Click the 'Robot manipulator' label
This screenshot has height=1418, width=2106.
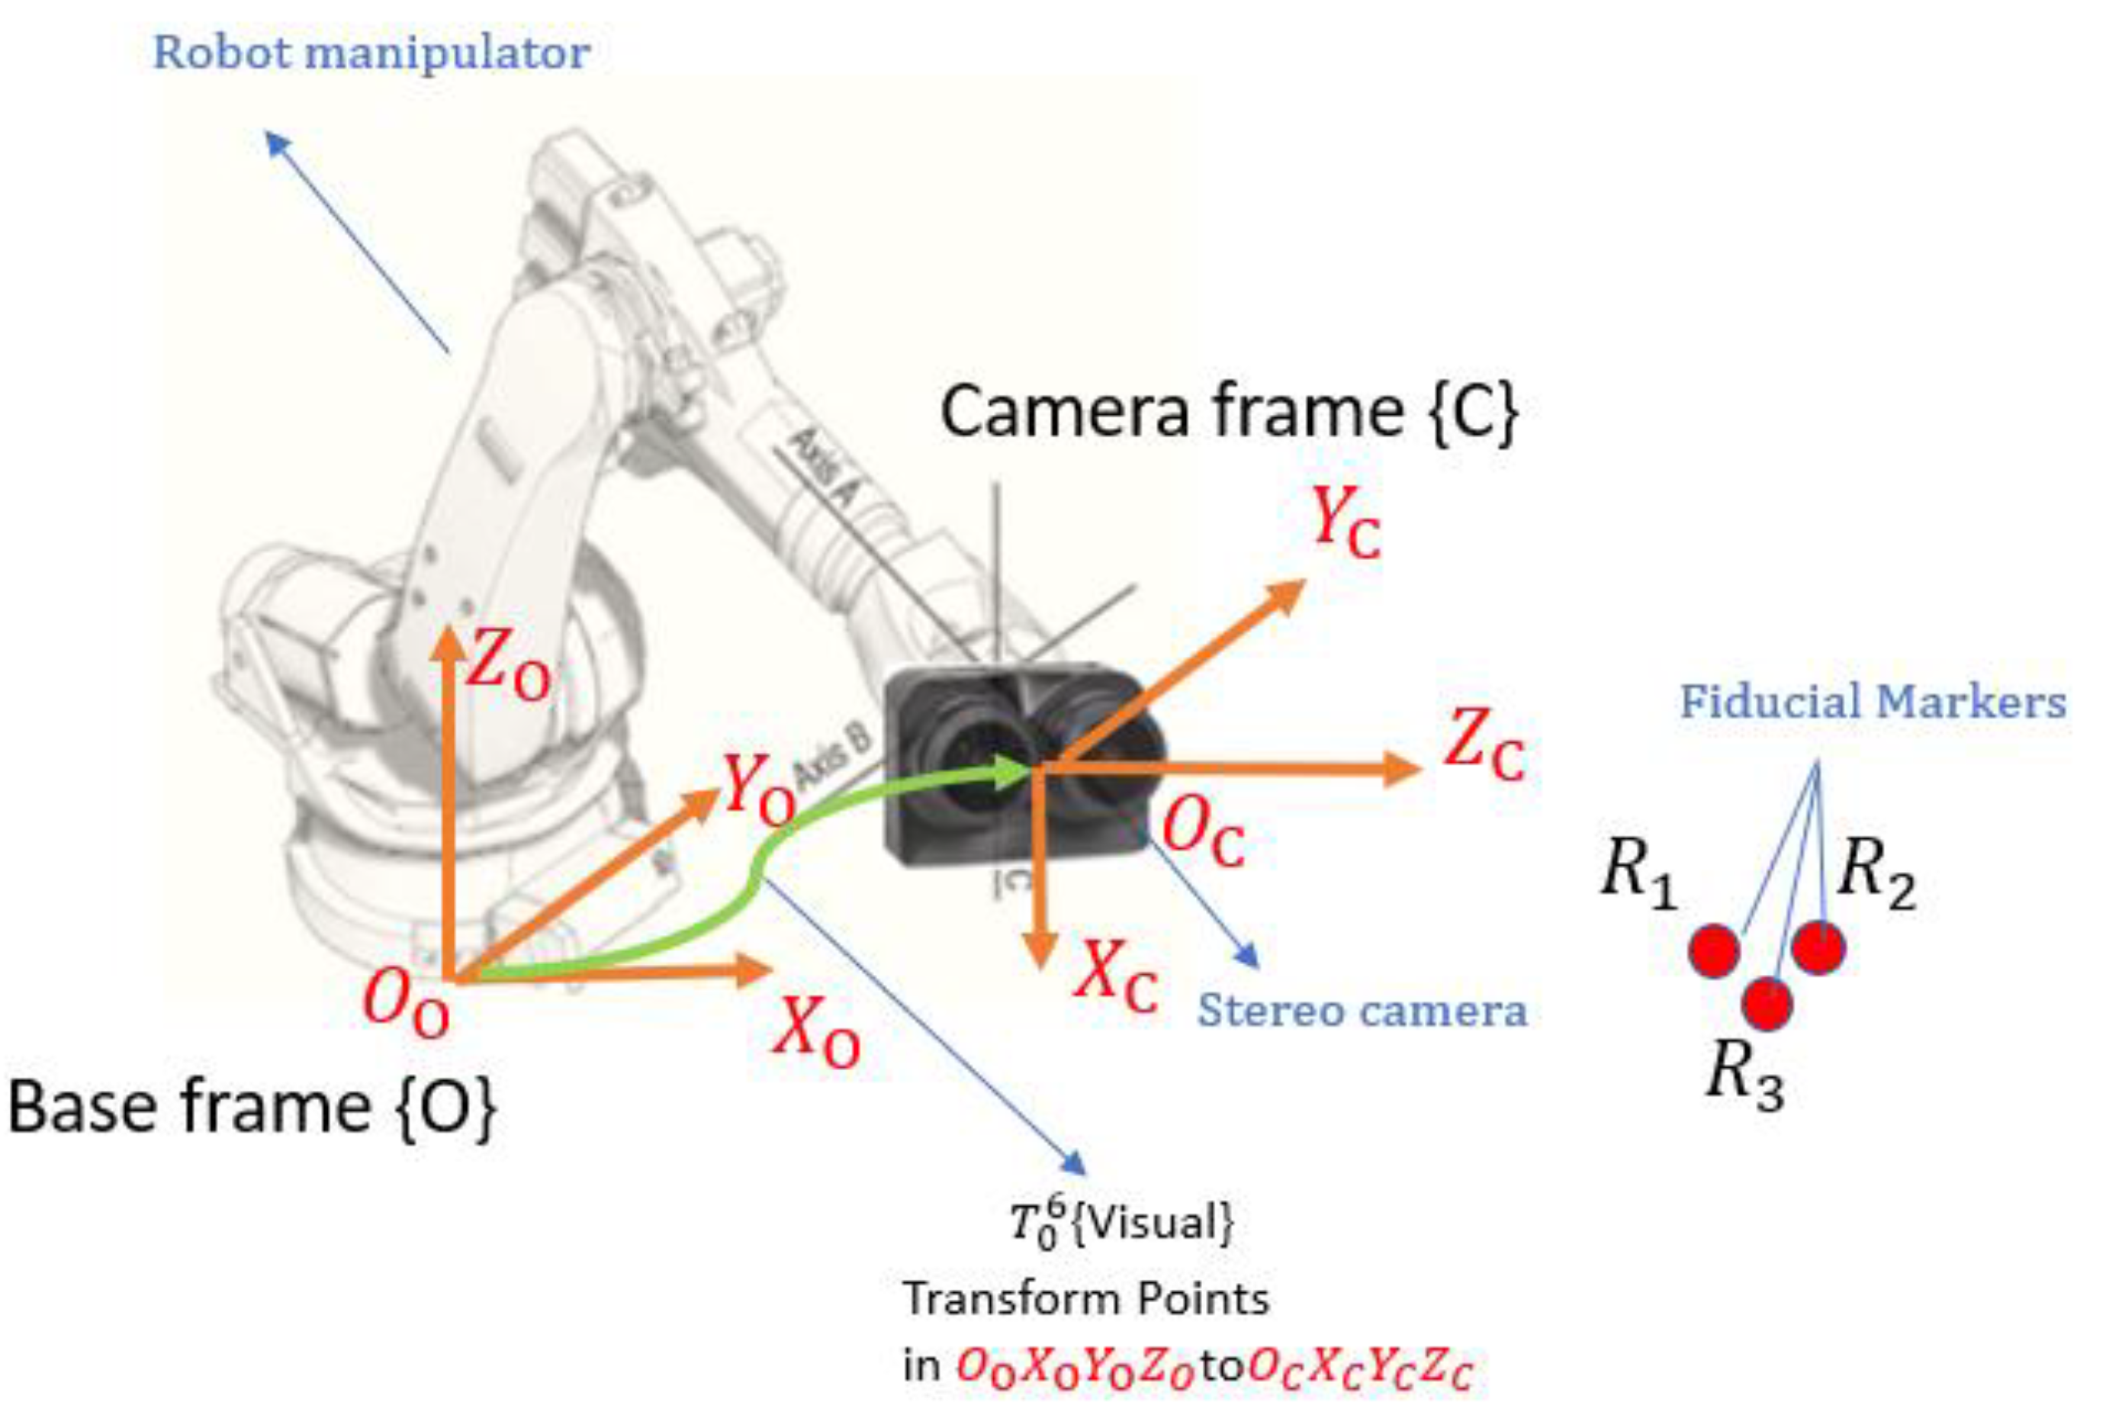[x=371, y=53]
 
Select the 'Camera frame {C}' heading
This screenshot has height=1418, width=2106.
[x=1229, y=411]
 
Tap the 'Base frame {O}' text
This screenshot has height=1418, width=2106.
[x=252, y=1106]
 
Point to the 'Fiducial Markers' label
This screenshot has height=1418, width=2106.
[x=1873, y=702]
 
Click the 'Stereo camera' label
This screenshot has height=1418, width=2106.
[x=1362, y=1010]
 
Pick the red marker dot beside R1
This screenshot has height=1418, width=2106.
[x=1713, y=950]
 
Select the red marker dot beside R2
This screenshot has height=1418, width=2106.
[x=1818, y=947]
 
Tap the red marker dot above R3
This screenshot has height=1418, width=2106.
[x=1766, y=1003]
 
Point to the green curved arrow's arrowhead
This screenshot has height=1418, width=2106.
[x=1013, y=771]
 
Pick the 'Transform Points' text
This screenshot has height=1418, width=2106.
[x=1085, y=1300]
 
